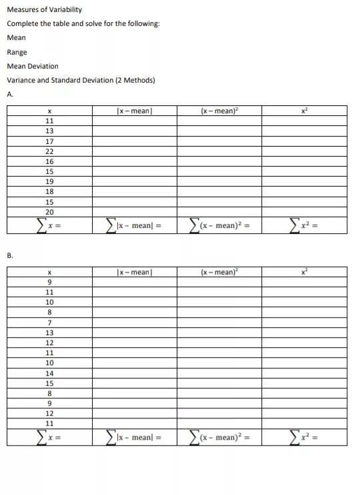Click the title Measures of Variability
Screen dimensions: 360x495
(44, 10)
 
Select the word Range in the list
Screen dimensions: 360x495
(17, 52)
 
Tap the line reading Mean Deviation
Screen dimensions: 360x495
(32, 66)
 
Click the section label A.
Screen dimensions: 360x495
(10, 94)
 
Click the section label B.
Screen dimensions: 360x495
(10, 255)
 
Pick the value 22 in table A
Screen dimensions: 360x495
(49, 151)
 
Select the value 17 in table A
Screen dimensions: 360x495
(49, 141)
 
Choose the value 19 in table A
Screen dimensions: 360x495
(49, 181)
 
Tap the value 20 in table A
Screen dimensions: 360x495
(49, 212)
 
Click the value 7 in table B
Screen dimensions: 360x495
(49, 322)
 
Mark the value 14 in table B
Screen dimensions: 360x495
(49, 373)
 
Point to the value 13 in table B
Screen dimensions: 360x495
(49, 332)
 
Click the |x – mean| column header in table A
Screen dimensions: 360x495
(134, 111)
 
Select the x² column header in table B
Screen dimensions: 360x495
(304, 272)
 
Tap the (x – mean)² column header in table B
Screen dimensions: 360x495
(219, 272)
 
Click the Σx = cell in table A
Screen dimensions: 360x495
(49, 226)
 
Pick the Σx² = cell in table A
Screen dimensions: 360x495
(304, 226)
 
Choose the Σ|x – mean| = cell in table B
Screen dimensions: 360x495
(134, 438)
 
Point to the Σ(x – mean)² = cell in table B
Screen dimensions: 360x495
(219, 438)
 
